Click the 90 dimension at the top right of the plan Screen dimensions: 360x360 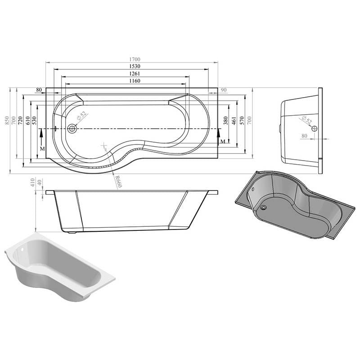point(223,90)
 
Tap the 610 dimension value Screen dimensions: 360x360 point(27,121)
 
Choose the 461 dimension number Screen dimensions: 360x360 point(234,121)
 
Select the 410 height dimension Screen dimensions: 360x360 point(32,182)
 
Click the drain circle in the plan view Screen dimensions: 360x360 point(72,129)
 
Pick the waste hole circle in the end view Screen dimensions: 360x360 point(314,129)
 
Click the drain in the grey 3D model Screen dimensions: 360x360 point(264,208)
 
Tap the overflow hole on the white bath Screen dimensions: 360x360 point(21,249)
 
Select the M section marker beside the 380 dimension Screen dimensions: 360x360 point(223,142)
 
